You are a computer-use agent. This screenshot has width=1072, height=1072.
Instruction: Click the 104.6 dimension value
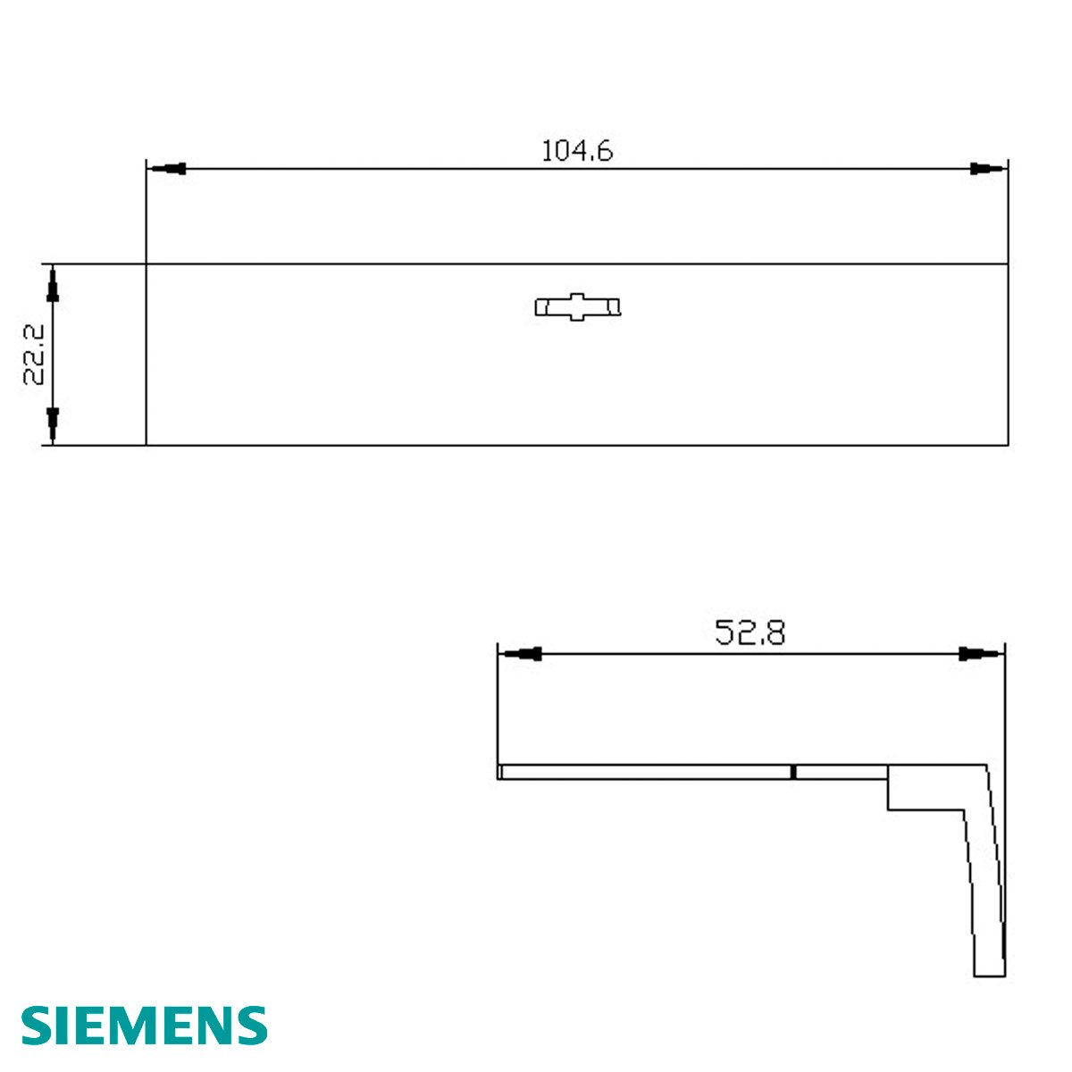click(x=577, y=151)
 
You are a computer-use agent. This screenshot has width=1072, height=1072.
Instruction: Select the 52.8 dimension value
click(x=750, y=633)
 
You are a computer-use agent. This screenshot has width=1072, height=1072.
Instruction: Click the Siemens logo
click(x=144, y=1025)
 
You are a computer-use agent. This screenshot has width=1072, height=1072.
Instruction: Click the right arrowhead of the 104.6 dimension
click(x=987, y=169)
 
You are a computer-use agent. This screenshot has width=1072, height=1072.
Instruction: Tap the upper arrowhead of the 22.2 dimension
click(x=53, y=284)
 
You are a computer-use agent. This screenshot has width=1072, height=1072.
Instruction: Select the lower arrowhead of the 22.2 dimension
click(x=53, y=425)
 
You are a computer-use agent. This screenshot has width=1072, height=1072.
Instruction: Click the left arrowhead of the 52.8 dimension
click(x=521, y=654)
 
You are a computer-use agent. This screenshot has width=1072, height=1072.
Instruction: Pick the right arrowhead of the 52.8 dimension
click(x=980, y=654)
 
